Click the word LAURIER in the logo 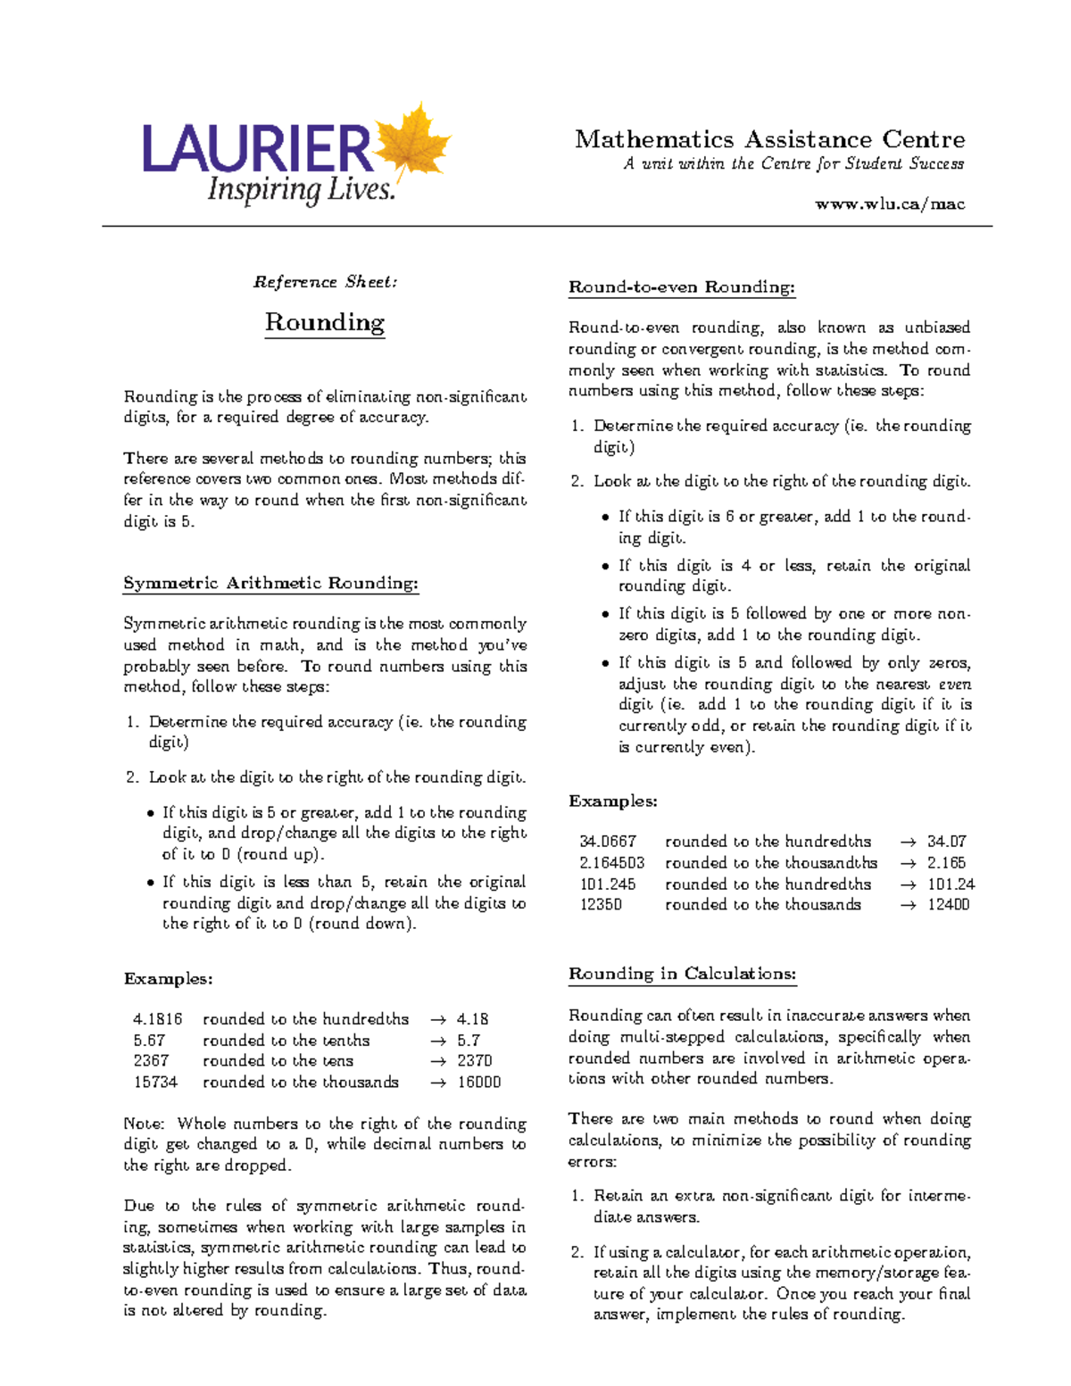coord(257,150)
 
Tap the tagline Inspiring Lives coord(301,189)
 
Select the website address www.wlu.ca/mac coord(889,204)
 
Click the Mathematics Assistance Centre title coord(769,139)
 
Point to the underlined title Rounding coord(325,322)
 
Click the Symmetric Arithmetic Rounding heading coord(270,584)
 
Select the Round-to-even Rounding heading coord(681,287)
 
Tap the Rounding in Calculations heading coord(682,974)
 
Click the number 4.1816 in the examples coord(157,1019)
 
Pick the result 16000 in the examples coord(478,1083)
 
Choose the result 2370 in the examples coord(474,1061)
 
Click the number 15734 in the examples coord(155,1083)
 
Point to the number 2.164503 coord(611,863)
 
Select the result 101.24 coord(951,884)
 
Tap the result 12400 coord(948,905)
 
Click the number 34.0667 coord(607,842)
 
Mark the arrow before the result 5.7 coord(437,1041)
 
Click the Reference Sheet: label coord(325,282)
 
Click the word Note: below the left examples coord(144,1124)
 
